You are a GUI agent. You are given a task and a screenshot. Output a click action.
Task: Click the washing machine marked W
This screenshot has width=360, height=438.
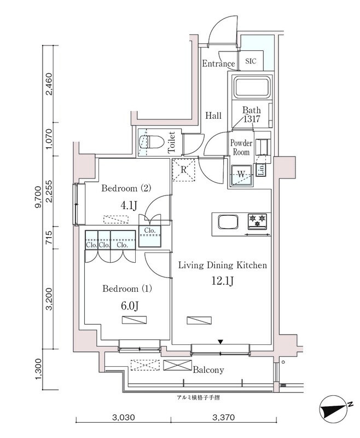point(241,175)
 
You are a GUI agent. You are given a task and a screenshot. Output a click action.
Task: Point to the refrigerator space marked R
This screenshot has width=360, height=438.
point(184,169)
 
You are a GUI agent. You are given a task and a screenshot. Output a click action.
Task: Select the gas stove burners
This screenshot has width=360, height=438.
point(258,221)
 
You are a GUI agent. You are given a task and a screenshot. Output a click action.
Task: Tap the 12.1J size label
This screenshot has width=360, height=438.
point(222,282)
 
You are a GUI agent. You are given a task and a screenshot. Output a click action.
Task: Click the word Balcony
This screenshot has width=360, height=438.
point(208,370)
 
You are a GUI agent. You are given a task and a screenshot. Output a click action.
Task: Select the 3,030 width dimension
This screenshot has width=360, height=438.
point(123,418)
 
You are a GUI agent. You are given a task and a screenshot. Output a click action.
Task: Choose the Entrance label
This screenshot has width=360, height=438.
point(218,64)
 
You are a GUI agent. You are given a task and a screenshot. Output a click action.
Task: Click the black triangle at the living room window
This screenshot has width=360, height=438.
point(220,342)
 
